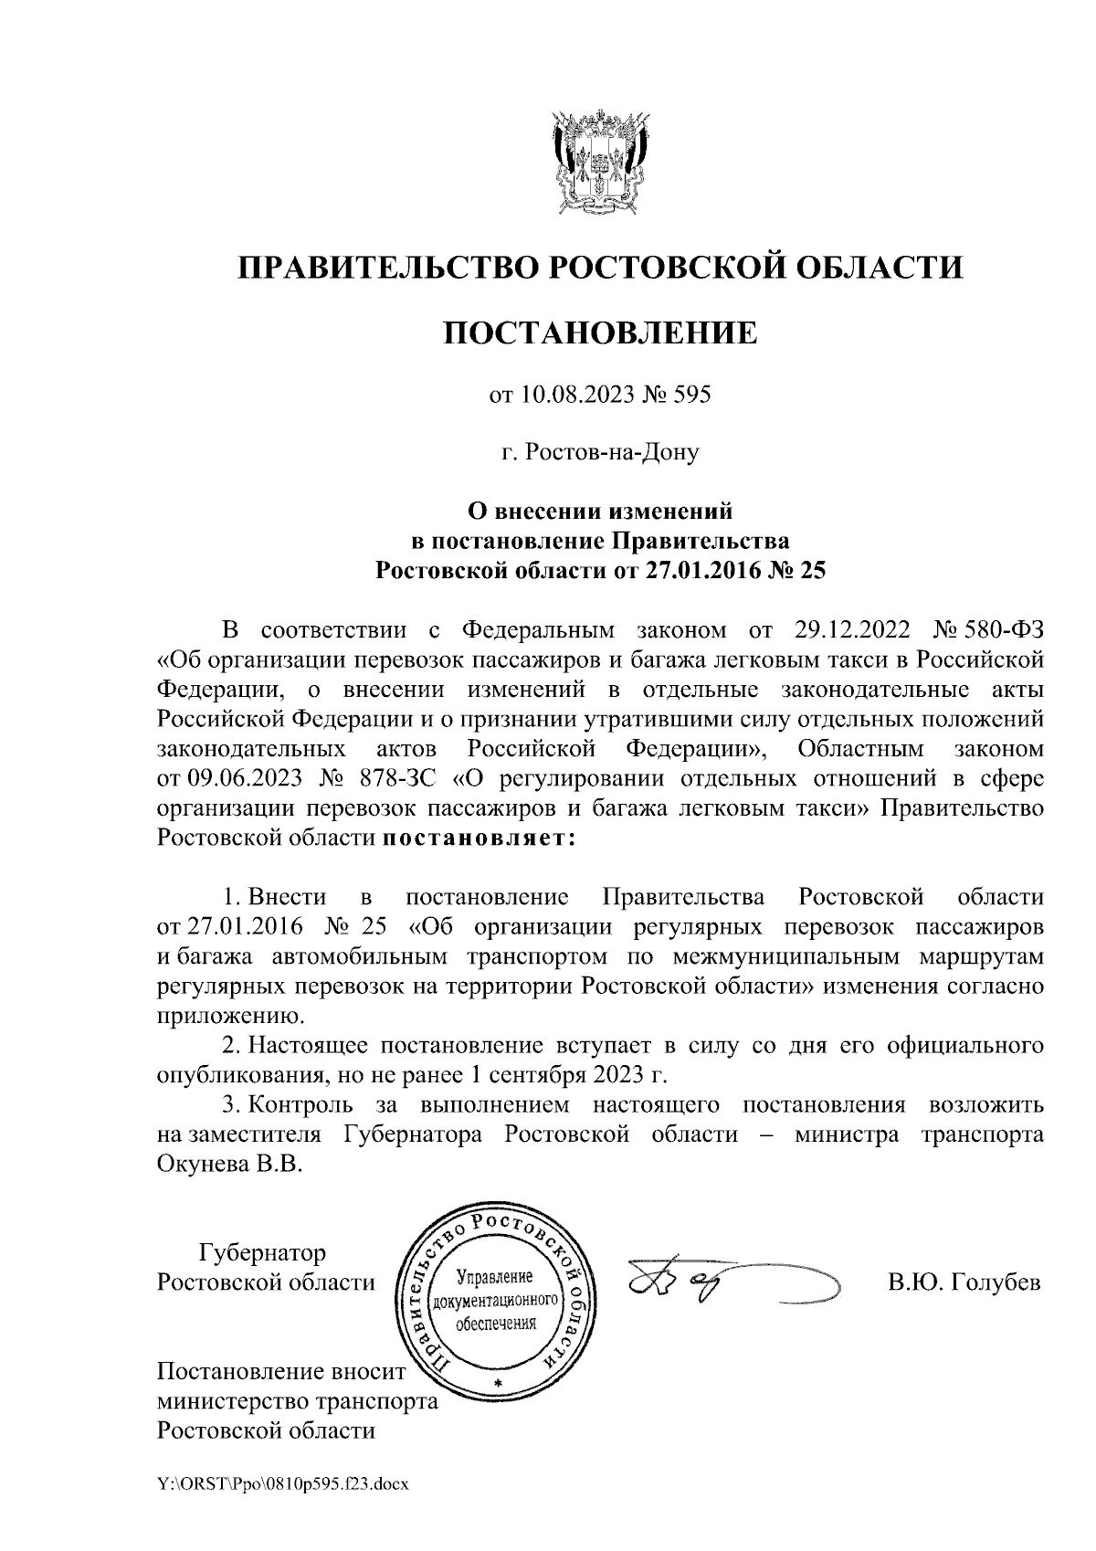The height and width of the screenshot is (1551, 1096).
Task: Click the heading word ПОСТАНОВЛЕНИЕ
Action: (x=600, y=332)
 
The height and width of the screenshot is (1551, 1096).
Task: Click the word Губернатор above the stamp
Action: (x=262, y=1251)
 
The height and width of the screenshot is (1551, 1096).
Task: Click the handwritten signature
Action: (x=731, y=1284)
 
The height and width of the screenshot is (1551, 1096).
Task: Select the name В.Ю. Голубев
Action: (x=964, y=1282)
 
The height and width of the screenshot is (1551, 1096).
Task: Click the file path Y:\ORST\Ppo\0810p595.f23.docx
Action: (x=282, y=1485)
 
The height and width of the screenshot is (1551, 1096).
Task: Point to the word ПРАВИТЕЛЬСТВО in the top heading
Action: (x=389, y=267)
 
